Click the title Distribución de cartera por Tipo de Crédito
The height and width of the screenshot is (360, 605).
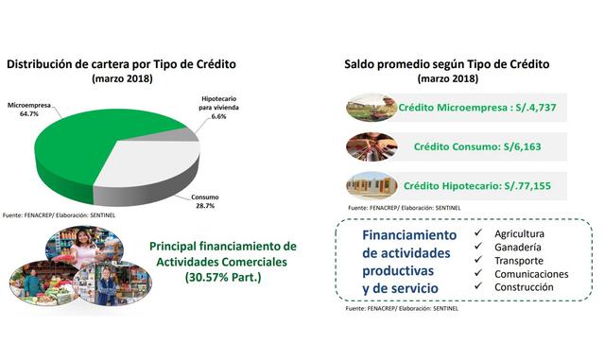pyautogui.click(x=121, y=64)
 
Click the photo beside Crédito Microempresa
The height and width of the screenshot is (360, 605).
pyautogui.click(x=371, y=108)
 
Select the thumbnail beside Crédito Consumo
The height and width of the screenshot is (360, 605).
pyautogui.click(x=371, y=147)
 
